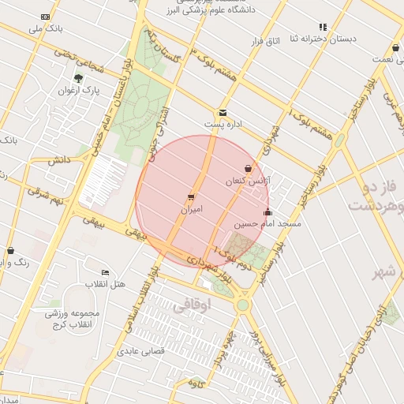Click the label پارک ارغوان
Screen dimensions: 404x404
tap(80, 91)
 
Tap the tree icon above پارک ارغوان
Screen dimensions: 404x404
tap(78, 78)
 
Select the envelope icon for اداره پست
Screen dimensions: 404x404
tap(223, 113)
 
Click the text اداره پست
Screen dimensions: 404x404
tap(222, 125)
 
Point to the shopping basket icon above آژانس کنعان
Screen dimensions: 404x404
tap(249, 168)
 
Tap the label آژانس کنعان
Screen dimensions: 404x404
tap(248, 181)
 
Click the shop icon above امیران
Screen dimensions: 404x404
tap(191, 197)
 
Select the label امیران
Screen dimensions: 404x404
tap(192, 210)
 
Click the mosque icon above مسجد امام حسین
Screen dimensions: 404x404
tap(267, 211)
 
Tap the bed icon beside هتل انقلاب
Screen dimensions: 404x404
tap(106, 272)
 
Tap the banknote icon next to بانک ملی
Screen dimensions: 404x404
tap(45, 17)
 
